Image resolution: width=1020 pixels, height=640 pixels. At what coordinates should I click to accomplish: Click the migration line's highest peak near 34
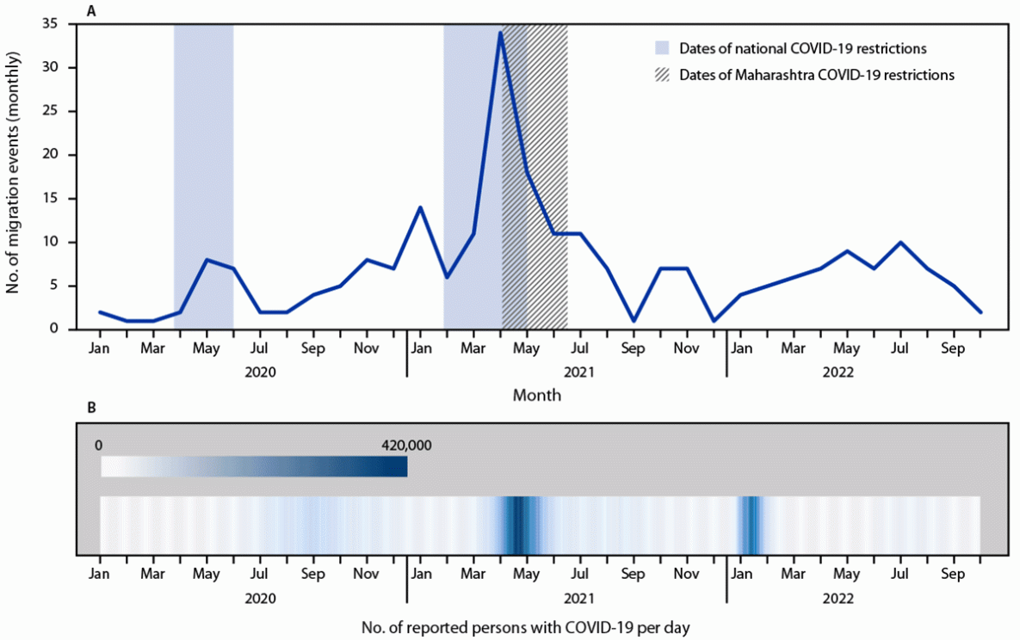pyautogui.click(x=500, y=33)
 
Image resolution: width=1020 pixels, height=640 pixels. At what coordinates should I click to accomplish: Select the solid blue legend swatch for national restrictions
pyautogui.click(x=661, y=46)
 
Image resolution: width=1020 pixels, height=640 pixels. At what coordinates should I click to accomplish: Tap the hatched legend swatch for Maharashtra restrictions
pyautogui.click(x=661, y=74)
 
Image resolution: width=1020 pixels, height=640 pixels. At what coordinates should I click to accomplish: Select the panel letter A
pyautogui.click(x=90, y=9)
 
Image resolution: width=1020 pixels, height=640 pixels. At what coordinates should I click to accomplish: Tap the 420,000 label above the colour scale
pyautogui.click(x=406, y=446)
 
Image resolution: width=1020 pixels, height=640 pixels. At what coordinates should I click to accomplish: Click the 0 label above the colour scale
pyautogui.click(x=99, y=446)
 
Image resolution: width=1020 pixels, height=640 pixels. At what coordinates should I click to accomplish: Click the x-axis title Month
pyautogui.click(x=537, y=396)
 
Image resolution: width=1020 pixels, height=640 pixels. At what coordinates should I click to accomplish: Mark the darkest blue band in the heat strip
pyautogui.click(x=520, y=525)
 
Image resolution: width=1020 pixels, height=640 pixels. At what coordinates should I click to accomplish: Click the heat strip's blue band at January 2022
pyautogui.click(x=751, y=525)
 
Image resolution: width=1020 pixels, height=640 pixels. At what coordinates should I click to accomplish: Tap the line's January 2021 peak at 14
pyautogui.click(x=420, y=207)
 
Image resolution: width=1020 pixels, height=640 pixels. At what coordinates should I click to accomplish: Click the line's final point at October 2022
pyautogui.click(x=980, y=311)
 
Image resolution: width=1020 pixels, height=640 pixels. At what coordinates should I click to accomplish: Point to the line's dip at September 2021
pyautogui.click(x=634, y=320)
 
